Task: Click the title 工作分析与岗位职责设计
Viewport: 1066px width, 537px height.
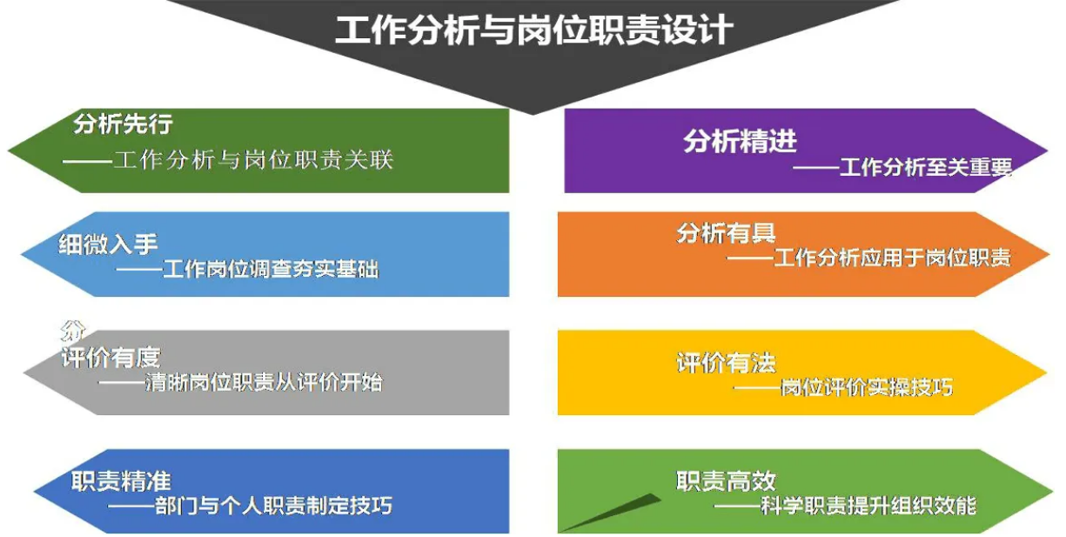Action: (x=534, y=30)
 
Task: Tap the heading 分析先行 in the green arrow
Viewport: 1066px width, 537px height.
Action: (x=123, y=124)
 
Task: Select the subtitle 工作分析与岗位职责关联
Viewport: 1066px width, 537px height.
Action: (x=253, y=160)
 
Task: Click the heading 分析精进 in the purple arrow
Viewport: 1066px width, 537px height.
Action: (x=740, y=141)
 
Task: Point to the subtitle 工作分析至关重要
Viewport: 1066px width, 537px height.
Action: (x=926, y=167)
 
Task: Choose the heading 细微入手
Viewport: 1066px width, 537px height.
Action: (x=108, y=245)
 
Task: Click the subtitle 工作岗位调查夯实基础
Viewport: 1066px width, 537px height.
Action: (x=271, y=270)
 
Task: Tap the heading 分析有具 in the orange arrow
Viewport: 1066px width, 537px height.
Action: (x=727, y=233)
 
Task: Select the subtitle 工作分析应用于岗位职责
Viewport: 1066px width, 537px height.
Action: (x=893, y=258)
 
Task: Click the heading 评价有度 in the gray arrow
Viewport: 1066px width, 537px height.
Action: (x=111, y=358)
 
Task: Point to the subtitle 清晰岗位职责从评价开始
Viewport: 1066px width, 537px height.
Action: (x=264, y=382)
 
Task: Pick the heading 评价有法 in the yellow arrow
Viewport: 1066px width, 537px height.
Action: (x=727, y=363)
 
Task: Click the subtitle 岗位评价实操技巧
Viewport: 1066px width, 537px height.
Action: (x=867, y=387)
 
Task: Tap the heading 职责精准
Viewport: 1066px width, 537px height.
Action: (x=121, y=480)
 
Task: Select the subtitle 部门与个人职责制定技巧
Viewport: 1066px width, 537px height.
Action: (x=274, y=506)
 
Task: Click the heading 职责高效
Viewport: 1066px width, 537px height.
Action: (x=727, y=480)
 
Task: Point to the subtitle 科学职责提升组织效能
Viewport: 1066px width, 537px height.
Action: (x=868, y=506)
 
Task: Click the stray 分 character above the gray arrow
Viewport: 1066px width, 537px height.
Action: (x=72, y=331)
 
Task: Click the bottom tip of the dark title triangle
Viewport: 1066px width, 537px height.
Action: (x=533, y=115)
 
